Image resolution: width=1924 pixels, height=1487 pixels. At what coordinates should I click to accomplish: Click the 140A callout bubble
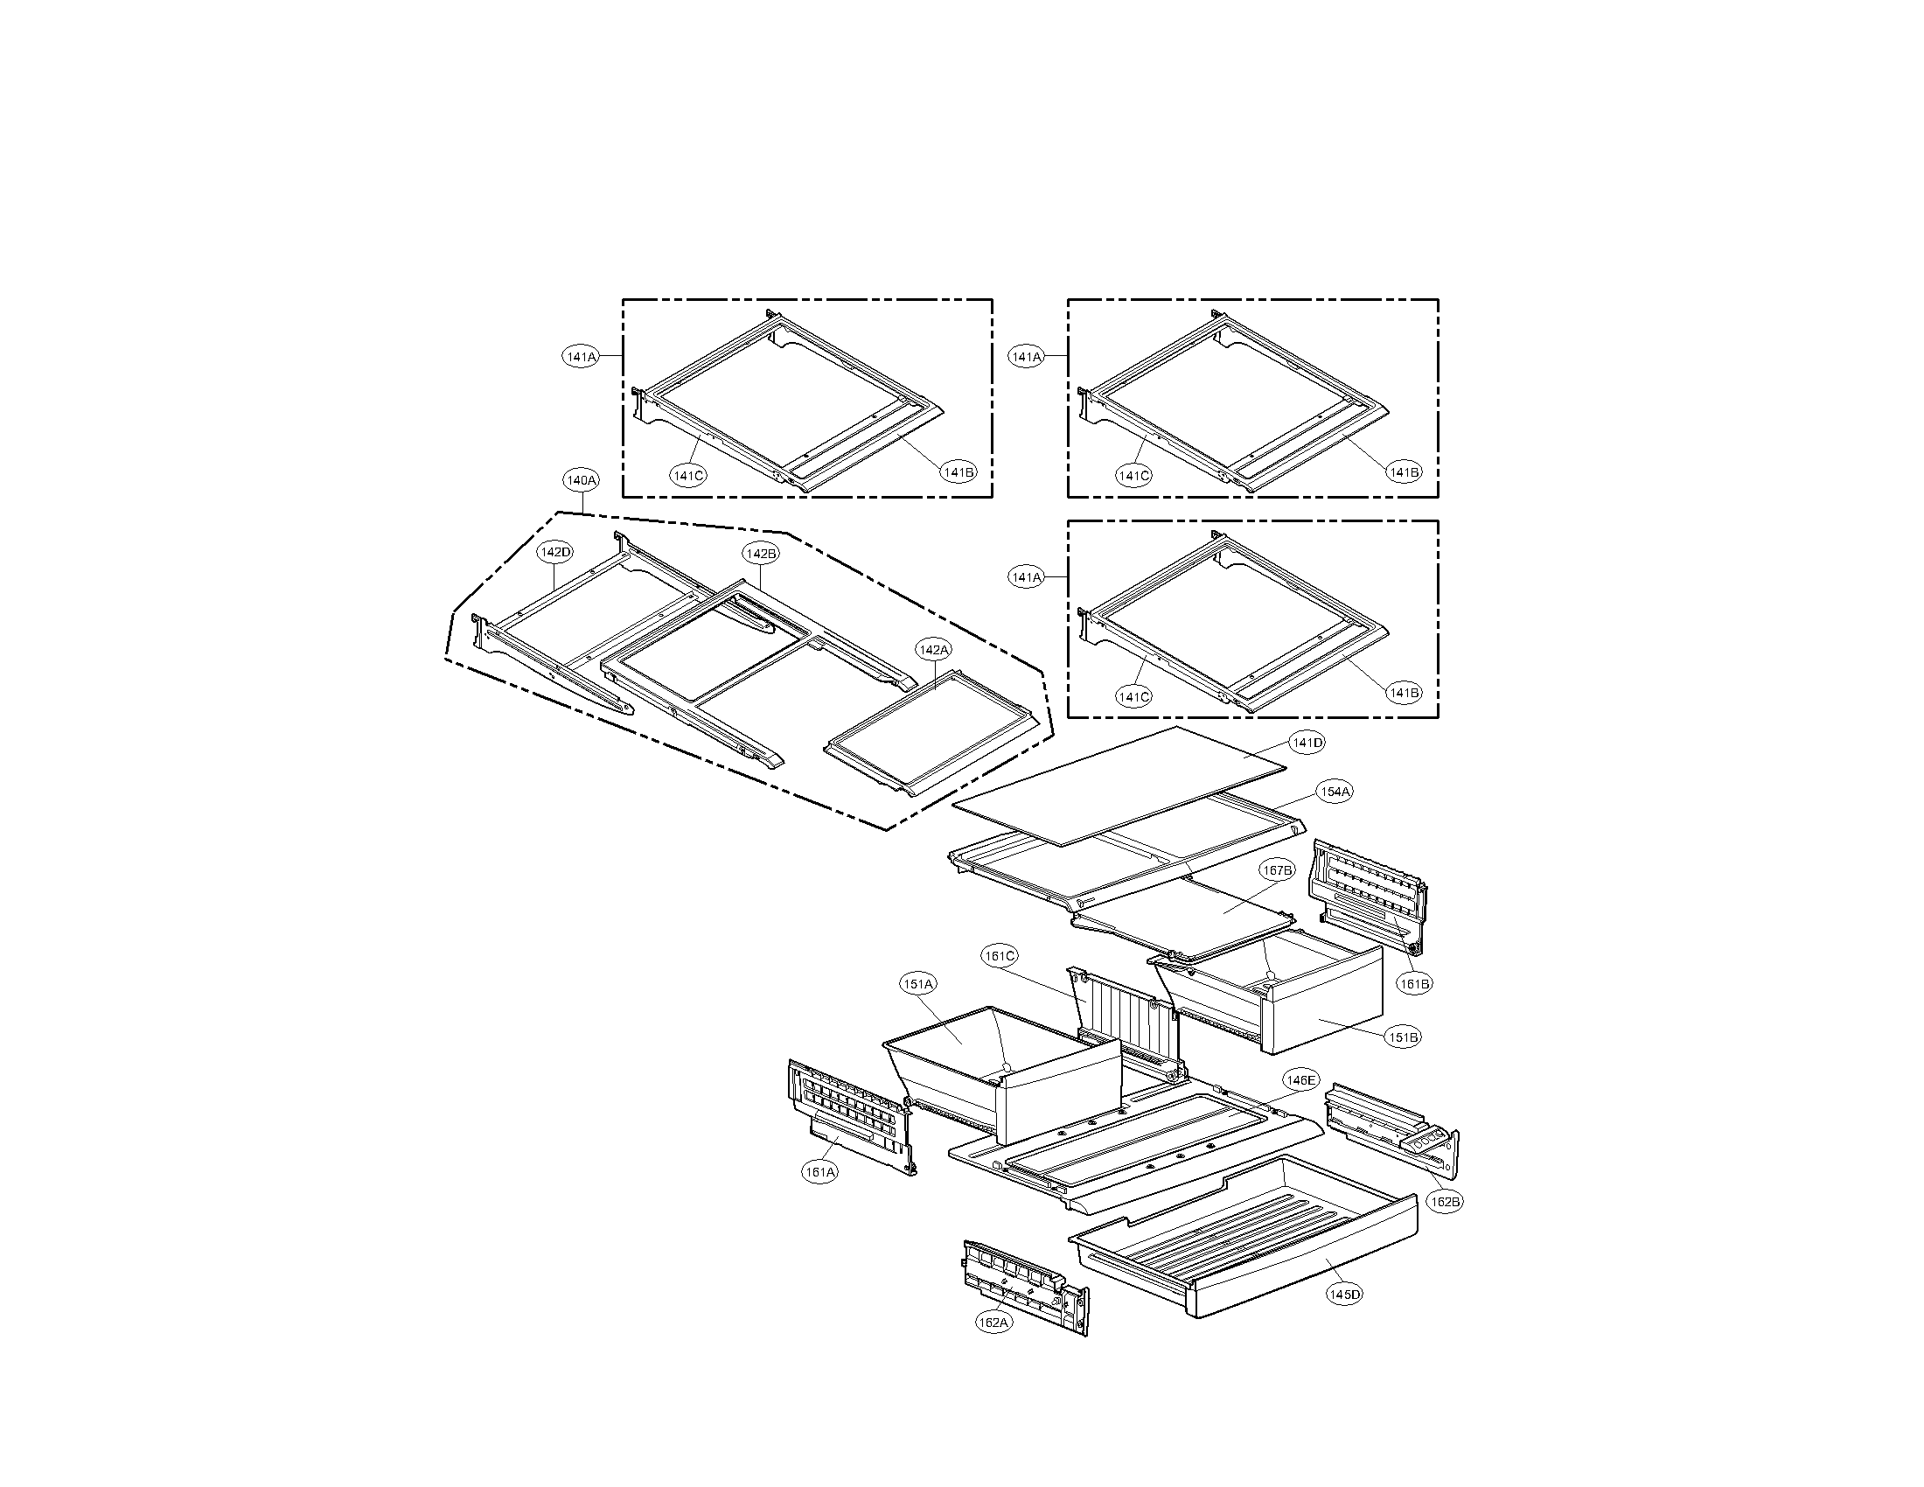(582, 480)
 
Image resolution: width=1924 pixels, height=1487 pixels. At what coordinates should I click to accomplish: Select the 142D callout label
(556, 552)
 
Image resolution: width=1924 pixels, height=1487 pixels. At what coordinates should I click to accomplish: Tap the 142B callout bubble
(760, 553)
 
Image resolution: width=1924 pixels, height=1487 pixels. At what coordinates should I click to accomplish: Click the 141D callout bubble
(1307, 743)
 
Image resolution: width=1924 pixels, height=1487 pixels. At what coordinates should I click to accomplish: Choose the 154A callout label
(1335, 792)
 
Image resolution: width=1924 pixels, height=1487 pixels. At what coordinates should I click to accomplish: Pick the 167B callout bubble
(1277, 870)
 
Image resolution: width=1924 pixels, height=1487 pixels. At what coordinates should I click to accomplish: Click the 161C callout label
(1000, 956)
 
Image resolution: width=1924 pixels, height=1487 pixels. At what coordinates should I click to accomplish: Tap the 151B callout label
(1404, 1037)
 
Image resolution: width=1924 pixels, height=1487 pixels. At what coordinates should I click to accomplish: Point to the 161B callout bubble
(1415, 984)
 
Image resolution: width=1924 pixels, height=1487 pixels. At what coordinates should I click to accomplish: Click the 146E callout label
(1300, 1080)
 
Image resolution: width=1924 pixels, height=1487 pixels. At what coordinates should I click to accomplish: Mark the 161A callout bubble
(819, 1171)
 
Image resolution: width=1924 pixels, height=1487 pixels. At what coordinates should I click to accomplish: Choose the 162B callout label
(1445, 1201)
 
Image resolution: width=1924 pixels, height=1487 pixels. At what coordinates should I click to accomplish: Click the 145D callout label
(1344, 1294)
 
